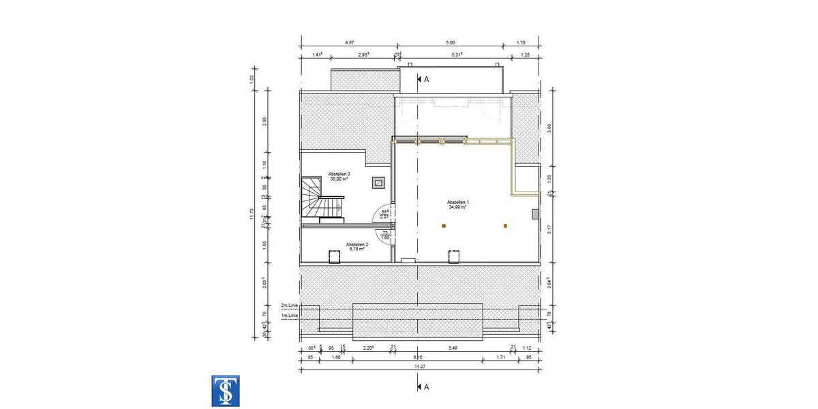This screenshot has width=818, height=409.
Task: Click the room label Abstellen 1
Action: pos(457,204)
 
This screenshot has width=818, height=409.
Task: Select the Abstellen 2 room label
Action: pos(357,246)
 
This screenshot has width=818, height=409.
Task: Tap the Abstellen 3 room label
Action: pos(339,176)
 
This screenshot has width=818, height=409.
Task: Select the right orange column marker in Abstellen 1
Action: pos(505,226)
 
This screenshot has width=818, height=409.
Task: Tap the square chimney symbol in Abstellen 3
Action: pos(378,182)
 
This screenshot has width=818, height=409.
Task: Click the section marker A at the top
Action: pos(423,79)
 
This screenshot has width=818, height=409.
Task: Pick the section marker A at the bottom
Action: pos(423,387)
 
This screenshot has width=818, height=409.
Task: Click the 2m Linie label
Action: pos(289,305)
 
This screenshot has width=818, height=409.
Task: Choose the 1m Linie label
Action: pos(289,316)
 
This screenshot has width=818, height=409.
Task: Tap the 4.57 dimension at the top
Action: pos(348,42)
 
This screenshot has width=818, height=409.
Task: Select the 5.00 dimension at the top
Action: pos(450,42)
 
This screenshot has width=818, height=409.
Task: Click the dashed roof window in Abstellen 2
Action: pos(335,256)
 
